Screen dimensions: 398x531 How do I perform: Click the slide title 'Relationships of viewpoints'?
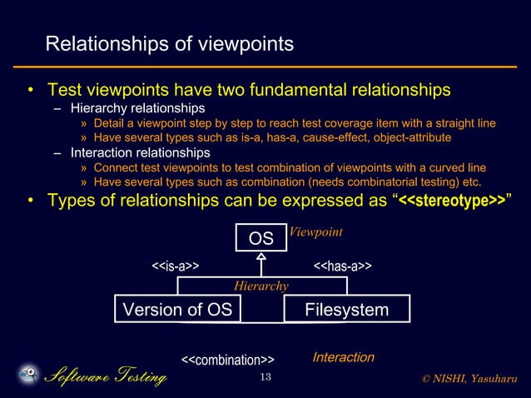[x=169, y=44]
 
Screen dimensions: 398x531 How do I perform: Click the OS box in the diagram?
[x=261, y=238]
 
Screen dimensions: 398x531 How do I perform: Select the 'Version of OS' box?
[x=177, y=310]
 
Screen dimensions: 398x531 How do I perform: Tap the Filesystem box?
[x=346, y=310]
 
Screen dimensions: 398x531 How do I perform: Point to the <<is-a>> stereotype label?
[x=174, y=266]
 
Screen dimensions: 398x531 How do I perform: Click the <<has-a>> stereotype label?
[x=341, y=266]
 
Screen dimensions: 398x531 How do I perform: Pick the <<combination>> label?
[x=227, y=360]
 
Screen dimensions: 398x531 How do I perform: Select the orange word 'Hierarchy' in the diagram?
[x=261, y=286]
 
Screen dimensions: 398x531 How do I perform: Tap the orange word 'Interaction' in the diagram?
[x=342, y=357]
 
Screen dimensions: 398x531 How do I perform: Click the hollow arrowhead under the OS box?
[x=261, y=257]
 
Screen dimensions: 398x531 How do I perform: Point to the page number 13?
[x=265, y=378]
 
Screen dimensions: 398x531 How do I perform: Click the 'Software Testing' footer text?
[x=105, y=378]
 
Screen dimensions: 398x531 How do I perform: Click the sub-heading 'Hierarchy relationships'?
[x=138, y=108]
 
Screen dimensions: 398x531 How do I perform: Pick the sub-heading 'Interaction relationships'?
[x=140, y=153]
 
